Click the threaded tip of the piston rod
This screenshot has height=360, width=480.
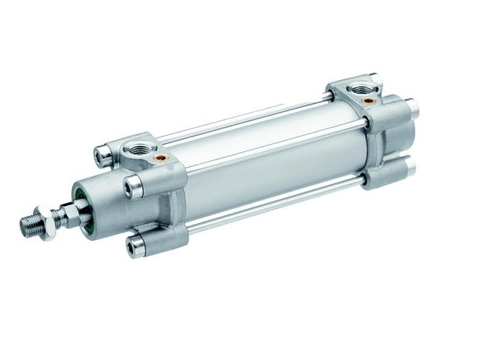click(29, 225)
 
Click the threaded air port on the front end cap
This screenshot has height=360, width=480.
click(139, 148)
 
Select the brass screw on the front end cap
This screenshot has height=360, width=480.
click(161, 158)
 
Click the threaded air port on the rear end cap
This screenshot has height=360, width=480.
click(363, 90)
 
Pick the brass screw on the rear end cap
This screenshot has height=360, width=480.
click(369, 101)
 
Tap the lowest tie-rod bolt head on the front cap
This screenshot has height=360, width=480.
click(134, 247)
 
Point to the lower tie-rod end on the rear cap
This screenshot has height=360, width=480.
click(410, 166)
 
